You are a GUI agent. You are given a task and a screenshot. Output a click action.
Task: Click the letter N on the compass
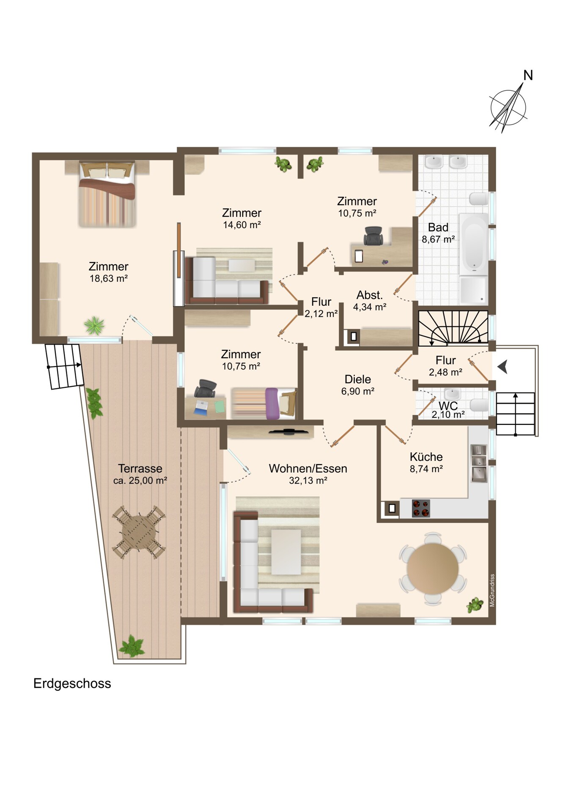(x=528, y=75)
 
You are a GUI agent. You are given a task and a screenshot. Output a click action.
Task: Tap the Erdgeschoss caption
(x=72, y=683)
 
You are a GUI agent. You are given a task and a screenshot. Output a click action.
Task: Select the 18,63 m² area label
(x=109, y=278)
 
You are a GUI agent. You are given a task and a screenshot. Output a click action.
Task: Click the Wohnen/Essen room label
(x=308, y=468)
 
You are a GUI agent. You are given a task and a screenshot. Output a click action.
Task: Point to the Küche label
(x=426, y=457)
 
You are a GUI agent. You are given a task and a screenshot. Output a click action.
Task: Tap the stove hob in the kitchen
(x=421, y=508)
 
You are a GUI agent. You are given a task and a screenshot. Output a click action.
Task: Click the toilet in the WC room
(x=479, y=405)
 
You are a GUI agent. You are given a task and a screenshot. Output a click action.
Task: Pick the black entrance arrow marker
(x=503, y=367)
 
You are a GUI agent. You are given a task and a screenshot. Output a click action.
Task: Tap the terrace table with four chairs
(x=139, y=532)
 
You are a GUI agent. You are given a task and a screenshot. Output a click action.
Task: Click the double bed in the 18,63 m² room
(x=107, y=194)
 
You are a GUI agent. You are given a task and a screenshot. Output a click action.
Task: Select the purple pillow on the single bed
(x=272, y=403)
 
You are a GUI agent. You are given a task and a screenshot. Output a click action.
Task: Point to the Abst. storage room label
(x=369, y=295)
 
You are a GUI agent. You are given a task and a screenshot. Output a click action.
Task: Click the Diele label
(x=357, y=379)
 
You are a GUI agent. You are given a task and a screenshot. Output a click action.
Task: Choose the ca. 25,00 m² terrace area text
(x=140, y=480)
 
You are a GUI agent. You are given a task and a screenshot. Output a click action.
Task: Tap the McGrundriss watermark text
(x=492, y=590)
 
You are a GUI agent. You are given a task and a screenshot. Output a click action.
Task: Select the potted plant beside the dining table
(x=475, y=605)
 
